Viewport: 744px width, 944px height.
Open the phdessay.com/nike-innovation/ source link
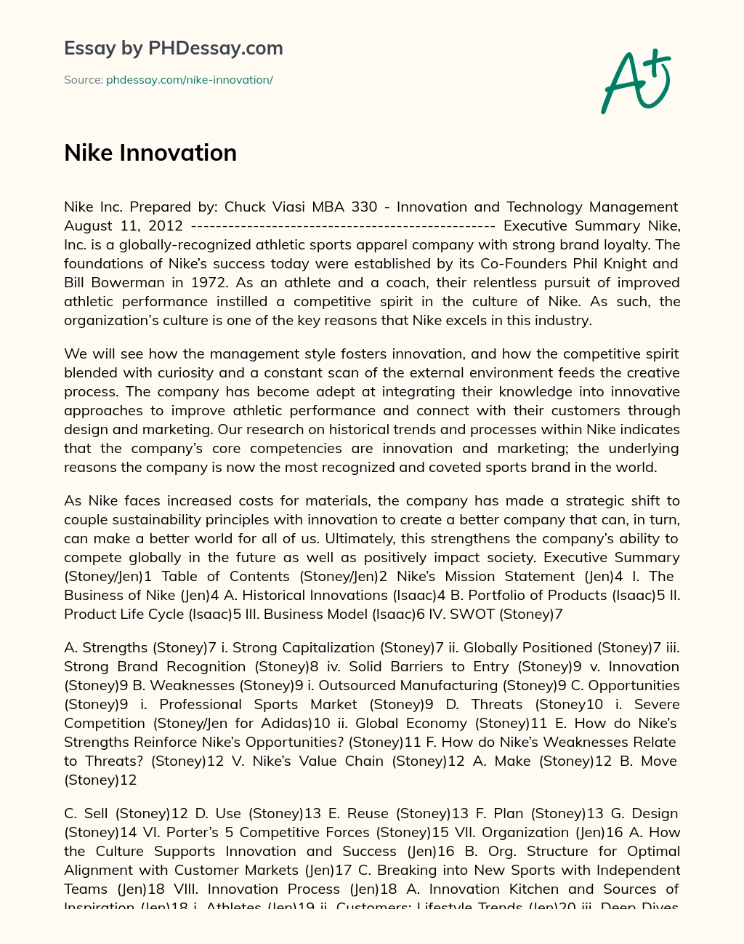pyautogui.click(x=189, y=80)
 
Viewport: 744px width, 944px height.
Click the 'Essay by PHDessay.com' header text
pyautogui.click(x=173, y=48)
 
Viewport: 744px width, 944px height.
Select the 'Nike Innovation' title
pyautogui.click(x=150, y=153)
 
